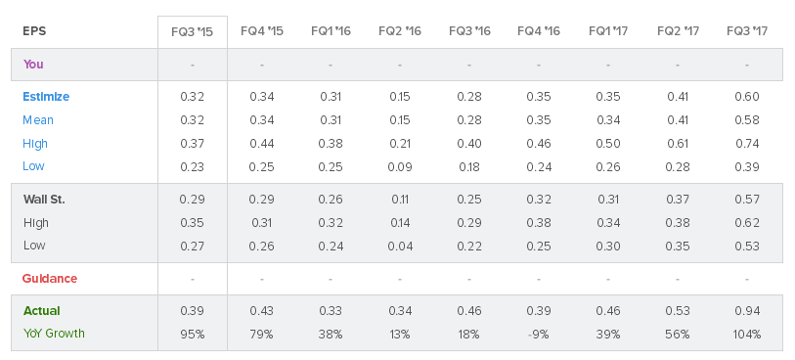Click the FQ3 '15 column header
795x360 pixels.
[193, 31]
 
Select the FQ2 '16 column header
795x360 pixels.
[400, 31]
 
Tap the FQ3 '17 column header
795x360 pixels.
[747, 31]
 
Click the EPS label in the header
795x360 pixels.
[34, 31]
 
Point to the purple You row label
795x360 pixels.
[33, 65]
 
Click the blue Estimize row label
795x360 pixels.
[46, 97]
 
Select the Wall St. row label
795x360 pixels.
[44, 200]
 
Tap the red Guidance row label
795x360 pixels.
[50, 279]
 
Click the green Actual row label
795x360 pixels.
[42, 311]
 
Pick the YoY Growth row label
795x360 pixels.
[54, 334]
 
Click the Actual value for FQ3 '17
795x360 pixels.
[747, 311]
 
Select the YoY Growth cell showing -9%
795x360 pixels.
[539, 335]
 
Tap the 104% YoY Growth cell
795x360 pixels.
[747, 335]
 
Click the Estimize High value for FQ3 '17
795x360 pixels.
[747, 144]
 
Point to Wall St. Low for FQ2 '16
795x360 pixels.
[400, 246]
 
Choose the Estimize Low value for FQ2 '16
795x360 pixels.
[400, 167]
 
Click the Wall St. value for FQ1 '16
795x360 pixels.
[331, 200]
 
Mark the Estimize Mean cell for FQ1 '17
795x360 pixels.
[608, 120]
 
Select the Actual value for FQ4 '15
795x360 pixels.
[262, 311]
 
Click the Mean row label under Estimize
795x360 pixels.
[38, 120]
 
